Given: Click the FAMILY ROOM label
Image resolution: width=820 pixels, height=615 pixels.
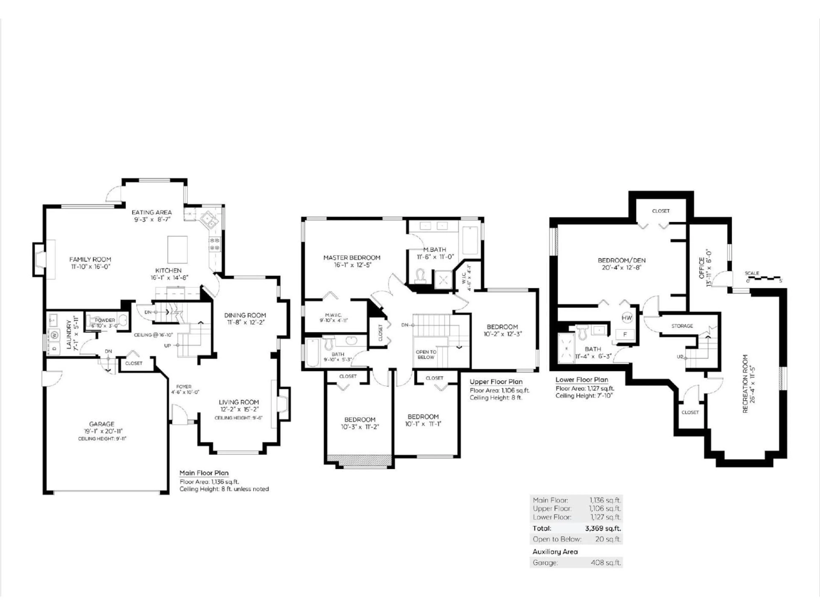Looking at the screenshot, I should pos(90,259).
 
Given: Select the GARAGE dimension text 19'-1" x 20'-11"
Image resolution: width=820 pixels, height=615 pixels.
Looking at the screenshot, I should pos(102,431).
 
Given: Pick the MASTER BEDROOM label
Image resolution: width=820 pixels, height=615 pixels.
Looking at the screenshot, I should pos(351,258).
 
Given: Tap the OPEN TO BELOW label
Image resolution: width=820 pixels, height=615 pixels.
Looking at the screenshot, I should pos(426,354).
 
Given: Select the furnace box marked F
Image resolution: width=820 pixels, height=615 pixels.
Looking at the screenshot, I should pos(625,334).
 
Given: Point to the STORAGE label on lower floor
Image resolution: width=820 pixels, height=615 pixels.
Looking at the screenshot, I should pos(682,326).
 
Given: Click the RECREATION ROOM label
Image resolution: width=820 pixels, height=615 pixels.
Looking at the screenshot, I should pos(745,384).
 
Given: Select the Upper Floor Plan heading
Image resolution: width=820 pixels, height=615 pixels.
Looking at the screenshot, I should pos(496,382).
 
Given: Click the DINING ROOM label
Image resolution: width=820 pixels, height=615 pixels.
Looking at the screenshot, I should pos(245,315).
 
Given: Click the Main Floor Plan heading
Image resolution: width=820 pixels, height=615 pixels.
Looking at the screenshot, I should pos(204,473).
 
